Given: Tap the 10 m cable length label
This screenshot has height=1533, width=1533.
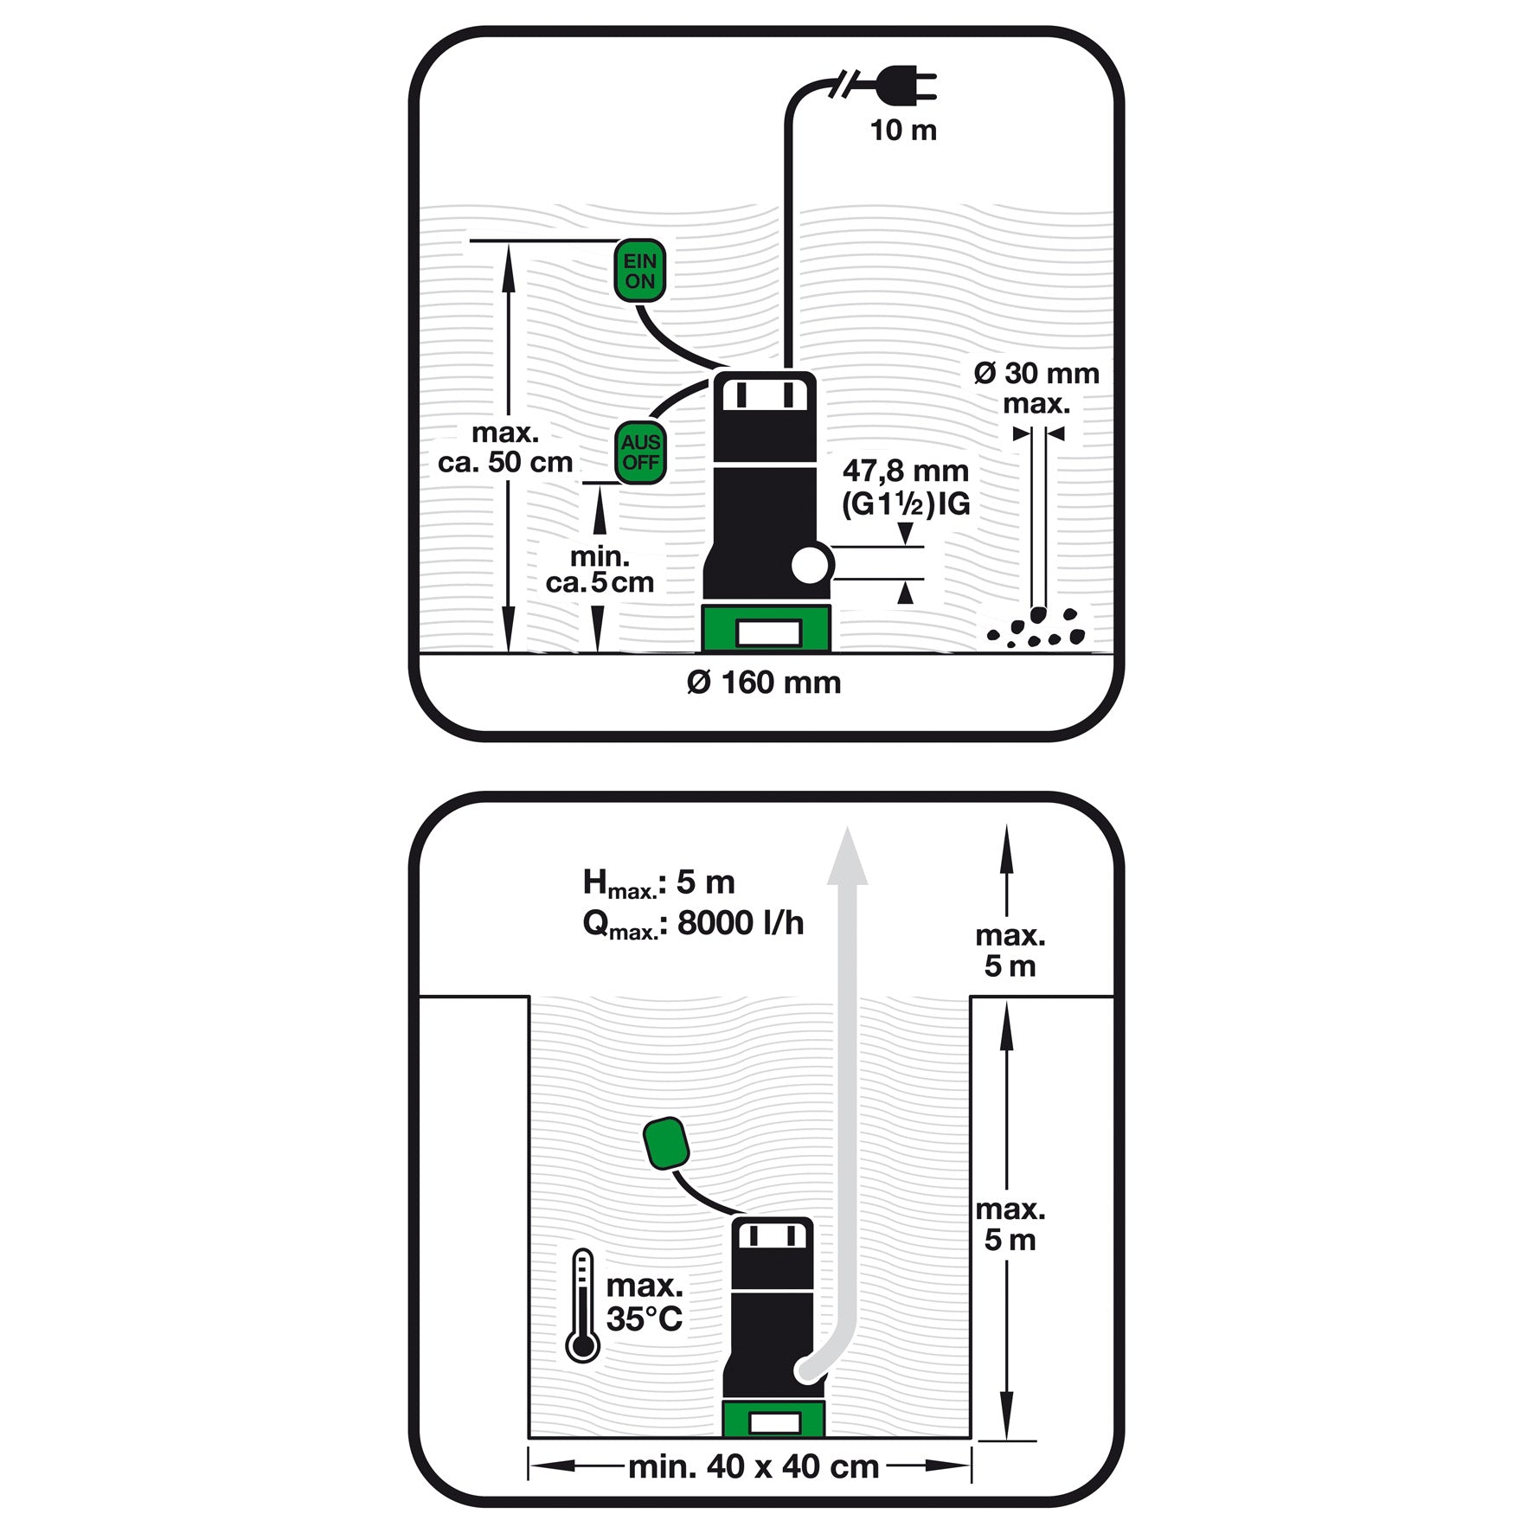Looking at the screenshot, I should pos(903,131).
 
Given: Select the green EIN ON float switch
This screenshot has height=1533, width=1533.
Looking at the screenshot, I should pos(640,271).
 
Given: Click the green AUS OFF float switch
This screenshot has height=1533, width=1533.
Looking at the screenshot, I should pos(640,452).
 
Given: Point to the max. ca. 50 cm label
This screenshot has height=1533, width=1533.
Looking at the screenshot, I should pos(505,447).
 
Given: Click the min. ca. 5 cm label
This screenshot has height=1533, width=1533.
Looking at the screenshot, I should pos(600,569).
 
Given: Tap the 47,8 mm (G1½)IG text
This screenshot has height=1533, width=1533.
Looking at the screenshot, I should pos(906,487).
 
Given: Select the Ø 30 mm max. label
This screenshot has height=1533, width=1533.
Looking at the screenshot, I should pos(1036,388).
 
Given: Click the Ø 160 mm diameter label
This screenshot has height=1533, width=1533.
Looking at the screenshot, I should pos(764,683).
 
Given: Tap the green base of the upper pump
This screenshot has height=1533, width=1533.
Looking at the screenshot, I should pos(766,628).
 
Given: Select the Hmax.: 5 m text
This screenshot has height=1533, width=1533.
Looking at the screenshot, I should pos(659,883).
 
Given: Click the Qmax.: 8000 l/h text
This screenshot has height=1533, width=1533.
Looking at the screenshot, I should pos(693,924).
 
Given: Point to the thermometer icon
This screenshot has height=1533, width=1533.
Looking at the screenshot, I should pos(582,1305).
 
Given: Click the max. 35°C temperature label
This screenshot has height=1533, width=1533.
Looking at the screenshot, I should pos(645,1302).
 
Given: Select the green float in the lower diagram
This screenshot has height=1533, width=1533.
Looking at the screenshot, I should pos(666,1143).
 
